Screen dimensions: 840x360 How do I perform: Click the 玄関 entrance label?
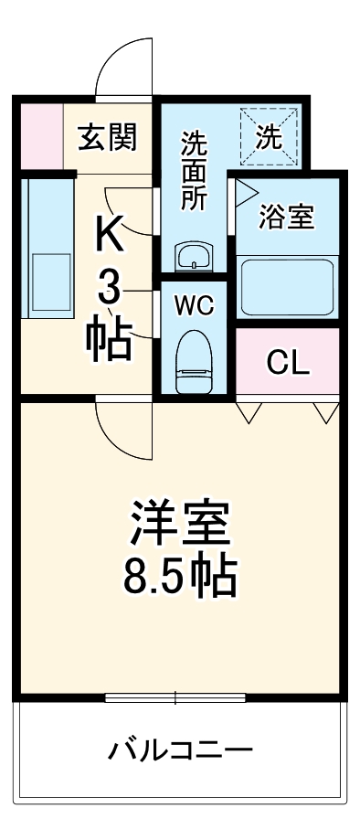108,137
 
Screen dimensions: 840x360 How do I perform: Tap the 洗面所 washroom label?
193,172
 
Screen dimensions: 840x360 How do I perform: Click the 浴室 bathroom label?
286,217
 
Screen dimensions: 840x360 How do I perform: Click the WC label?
194,305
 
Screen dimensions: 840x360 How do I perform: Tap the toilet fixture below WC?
194,360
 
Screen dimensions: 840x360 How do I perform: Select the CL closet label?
288,363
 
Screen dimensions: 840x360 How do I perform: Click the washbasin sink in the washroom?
193,257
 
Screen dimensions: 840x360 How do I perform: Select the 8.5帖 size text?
179,574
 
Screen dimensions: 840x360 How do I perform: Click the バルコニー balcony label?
180,752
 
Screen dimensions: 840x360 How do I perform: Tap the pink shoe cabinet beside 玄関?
41,138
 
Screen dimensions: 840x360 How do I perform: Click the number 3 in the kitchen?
109,289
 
